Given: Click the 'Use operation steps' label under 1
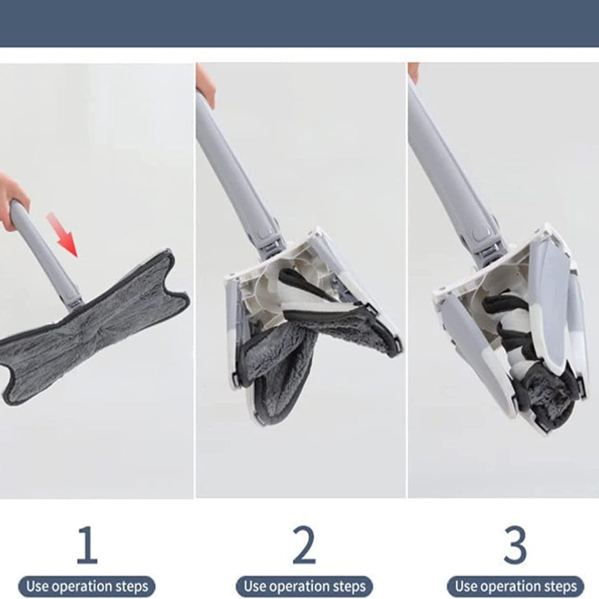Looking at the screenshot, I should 87,586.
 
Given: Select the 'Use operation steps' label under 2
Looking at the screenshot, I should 304,586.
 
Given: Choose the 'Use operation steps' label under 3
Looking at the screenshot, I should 516,586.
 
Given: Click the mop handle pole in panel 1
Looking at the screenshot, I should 42,250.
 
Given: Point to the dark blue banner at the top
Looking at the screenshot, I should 299,23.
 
